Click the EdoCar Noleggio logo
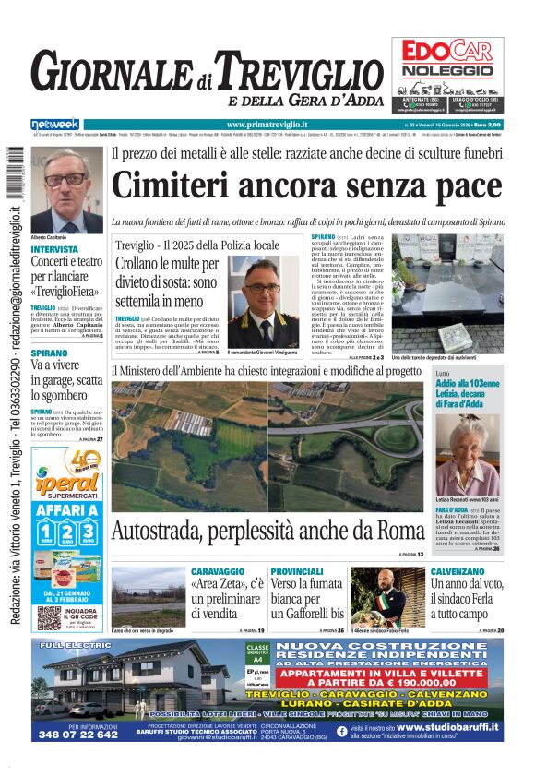tap(447, 56)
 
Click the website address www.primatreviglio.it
tap(267, 125)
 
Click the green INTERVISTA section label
tap(54, 249)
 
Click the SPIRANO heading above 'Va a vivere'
tap(49, 353)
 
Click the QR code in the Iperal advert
tap(50, 617)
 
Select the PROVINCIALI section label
tap(297, 572)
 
